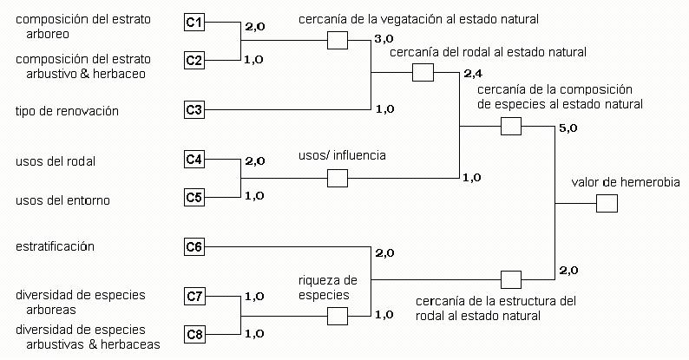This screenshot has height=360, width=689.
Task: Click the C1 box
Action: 195,21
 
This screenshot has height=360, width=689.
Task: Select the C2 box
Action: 195,60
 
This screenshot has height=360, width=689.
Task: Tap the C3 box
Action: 195,110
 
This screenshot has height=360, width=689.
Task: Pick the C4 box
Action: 195,159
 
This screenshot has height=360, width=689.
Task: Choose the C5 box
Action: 195,198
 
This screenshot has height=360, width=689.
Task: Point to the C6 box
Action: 195,247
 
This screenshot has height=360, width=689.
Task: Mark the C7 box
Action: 195,297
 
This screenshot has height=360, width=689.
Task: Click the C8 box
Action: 195,335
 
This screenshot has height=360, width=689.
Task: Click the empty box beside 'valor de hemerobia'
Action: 607,204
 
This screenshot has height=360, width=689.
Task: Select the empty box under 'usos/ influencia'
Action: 337,178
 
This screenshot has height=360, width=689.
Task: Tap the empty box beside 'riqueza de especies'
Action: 337,316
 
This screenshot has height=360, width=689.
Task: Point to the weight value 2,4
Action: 473,73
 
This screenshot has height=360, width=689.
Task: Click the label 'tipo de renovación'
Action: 67,111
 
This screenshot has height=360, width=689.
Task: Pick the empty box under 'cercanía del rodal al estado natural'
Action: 423,72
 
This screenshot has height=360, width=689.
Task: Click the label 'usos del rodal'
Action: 55,161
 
